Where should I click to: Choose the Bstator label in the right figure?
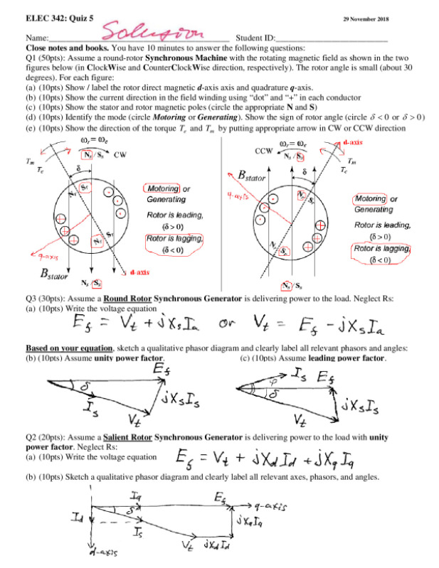coord(246,175)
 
